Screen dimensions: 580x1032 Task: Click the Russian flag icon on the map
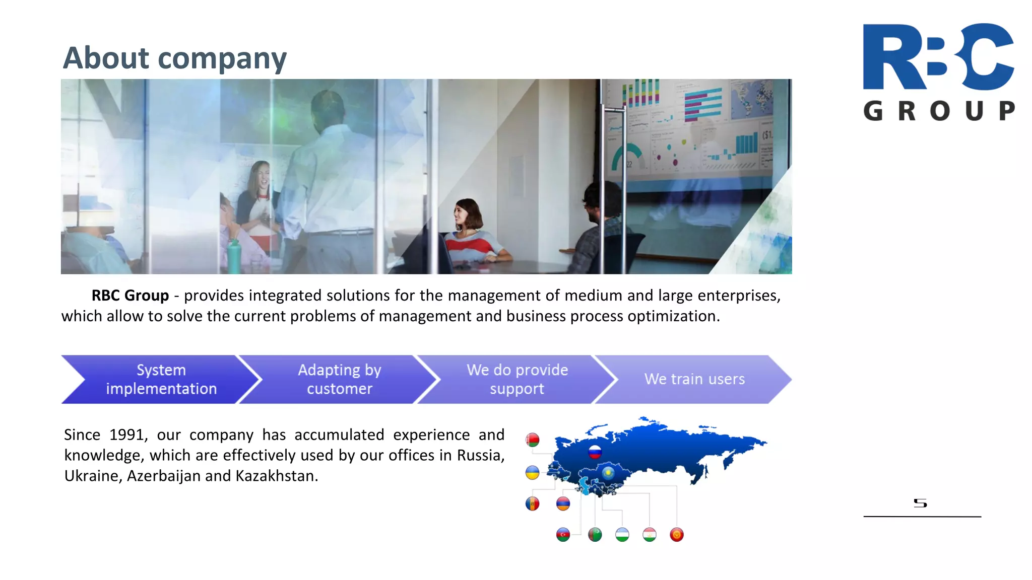595,452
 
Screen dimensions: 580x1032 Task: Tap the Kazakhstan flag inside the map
608,473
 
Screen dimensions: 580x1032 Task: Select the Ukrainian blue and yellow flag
532,472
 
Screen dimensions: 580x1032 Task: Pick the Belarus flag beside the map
532,440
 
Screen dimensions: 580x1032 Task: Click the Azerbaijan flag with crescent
563,534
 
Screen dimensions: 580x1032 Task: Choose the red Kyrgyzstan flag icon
677,534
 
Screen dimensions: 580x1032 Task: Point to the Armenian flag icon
563,503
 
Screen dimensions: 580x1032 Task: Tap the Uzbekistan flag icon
622,534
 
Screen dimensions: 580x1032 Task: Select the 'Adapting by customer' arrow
339,379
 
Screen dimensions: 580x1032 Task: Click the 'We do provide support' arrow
517,379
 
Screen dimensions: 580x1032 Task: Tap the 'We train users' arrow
694,379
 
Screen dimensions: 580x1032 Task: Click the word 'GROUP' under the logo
939,111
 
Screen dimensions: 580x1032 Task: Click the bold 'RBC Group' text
130,296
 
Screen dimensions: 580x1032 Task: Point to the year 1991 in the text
126,434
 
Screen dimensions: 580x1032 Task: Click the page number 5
920,503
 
